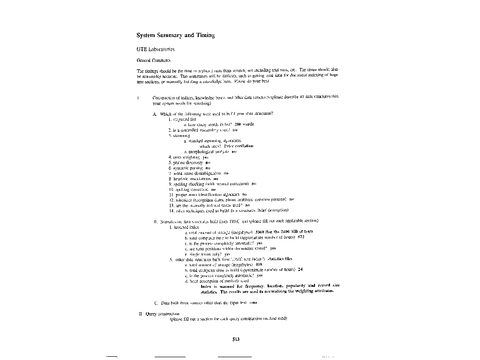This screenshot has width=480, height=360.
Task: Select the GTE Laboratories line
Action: coord(156,49)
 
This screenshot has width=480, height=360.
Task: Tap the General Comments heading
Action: coord(153,60)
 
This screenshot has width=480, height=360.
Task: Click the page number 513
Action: coord(236,340)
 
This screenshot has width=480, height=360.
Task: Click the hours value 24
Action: coord(300,270)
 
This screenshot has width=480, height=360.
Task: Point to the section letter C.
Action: coord(156,303)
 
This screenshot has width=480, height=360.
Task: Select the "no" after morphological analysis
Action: coord(234,151)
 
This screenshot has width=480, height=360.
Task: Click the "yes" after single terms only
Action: coord(227,254)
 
